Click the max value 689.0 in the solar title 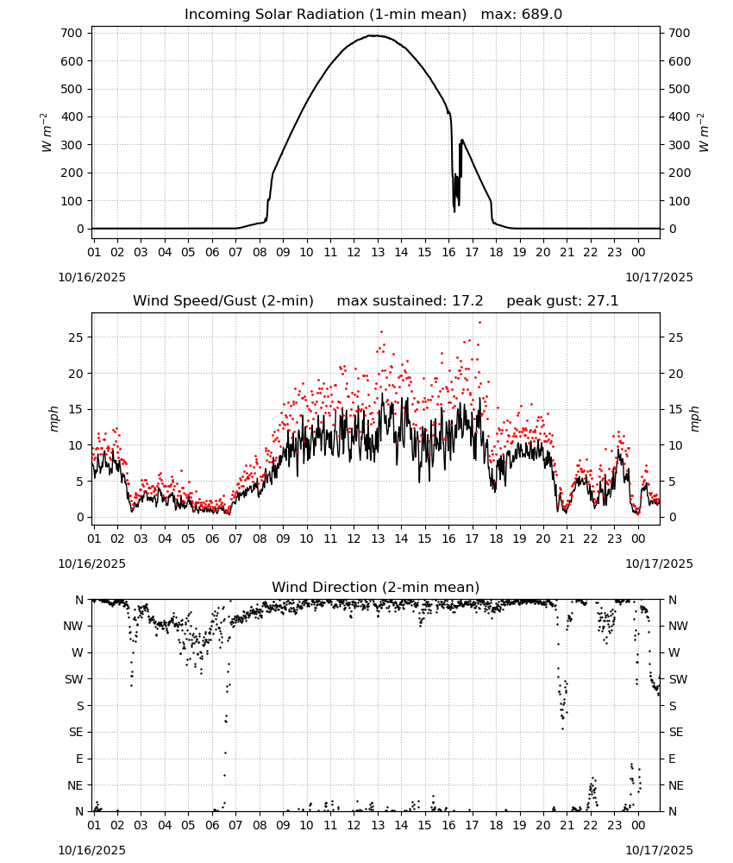542,15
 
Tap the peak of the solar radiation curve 374,35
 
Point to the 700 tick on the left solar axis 72,33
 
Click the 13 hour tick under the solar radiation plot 377,252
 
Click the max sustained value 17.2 467,301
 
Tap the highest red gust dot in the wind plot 479,322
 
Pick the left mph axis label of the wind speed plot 53,419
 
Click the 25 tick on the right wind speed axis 676,337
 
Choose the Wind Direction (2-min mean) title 376,587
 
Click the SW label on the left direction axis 74,679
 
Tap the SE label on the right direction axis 676,732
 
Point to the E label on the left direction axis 79,759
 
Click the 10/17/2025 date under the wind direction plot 659,850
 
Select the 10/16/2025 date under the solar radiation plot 91,277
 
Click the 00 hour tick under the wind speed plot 638,539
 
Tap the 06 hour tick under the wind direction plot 212,825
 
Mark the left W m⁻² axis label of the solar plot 47,132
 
